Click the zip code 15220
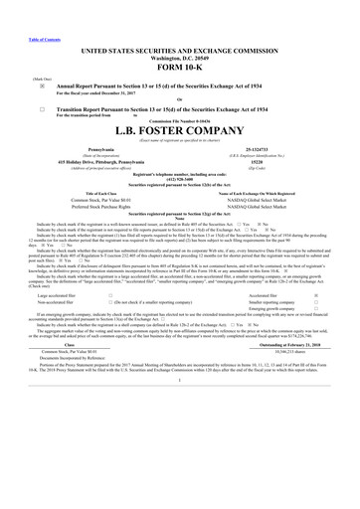click(264, 161)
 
